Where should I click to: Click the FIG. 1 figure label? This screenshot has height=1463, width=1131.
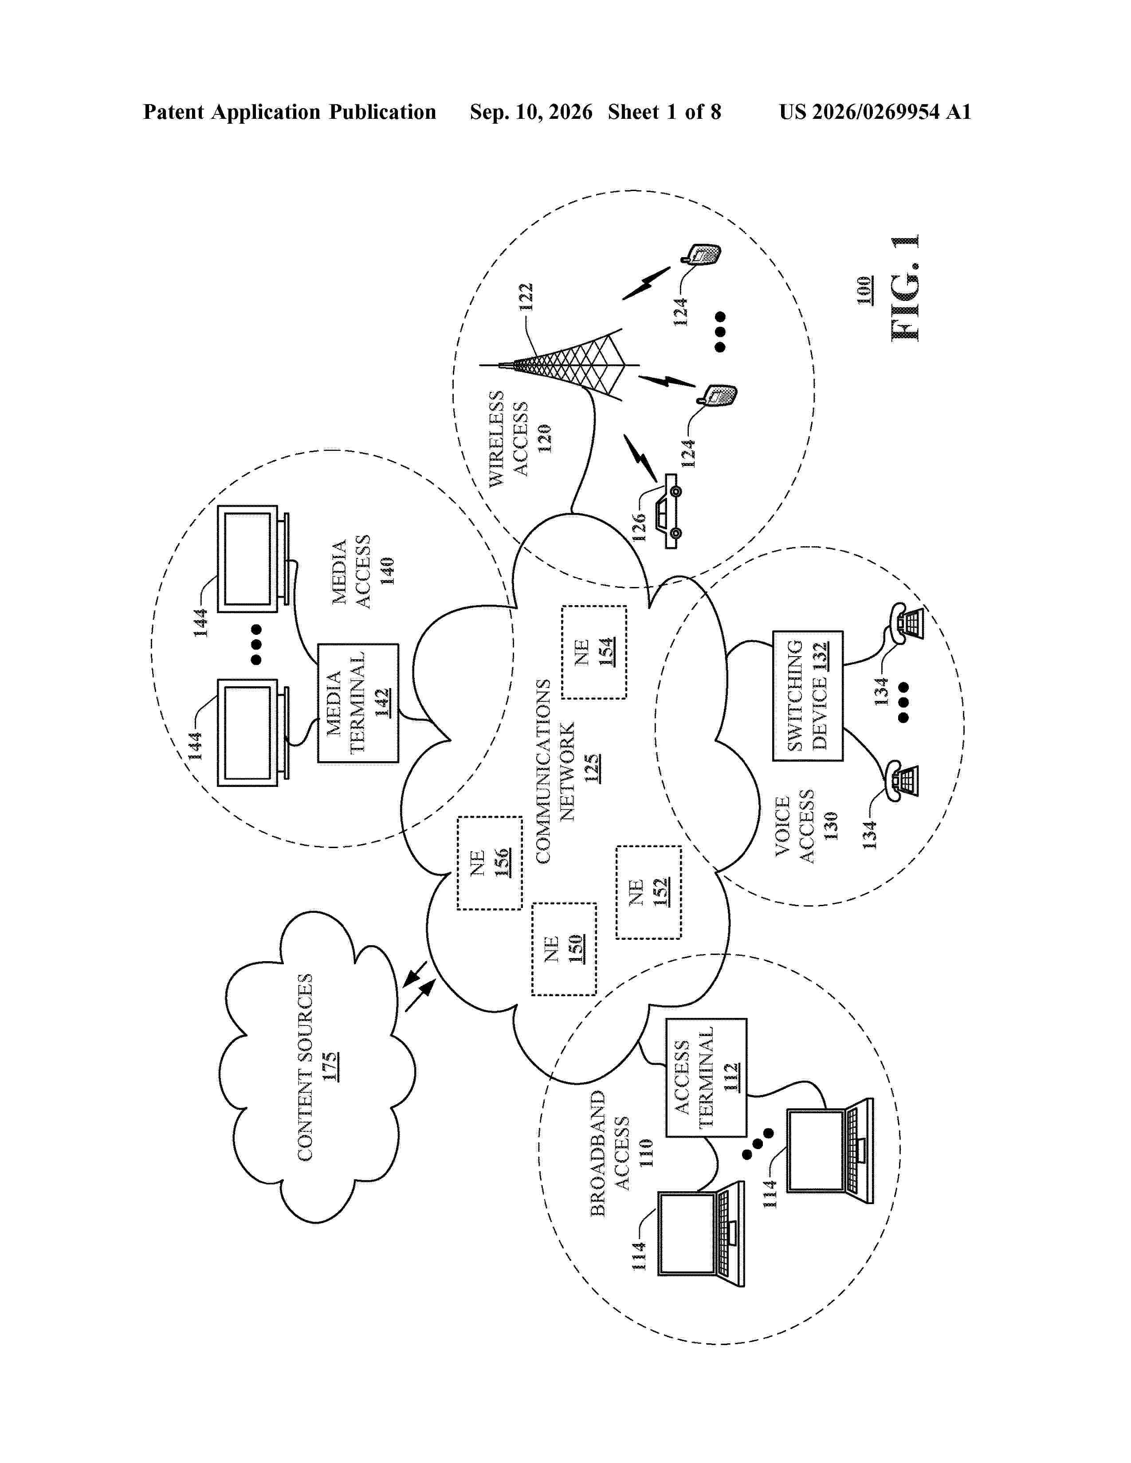click(905, 289)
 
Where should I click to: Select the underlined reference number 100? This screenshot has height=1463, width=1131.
click(864, 290)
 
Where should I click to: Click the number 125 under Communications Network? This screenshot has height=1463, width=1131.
click(592, 768)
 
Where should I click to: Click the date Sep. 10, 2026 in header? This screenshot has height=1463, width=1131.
click(531, 112)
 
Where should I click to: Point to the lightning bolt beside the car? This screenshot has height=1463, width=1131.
click(640, 458)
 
